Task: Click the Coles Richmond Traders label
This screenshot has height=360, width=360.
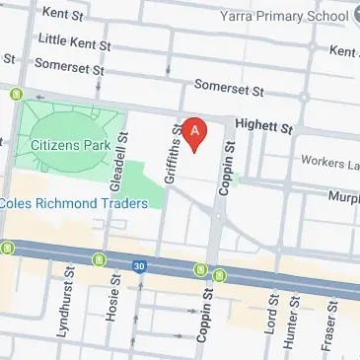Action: (x=74, y=203)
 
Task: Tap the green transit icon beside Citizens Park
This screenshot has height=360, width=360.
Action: (x=17, y=95)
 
